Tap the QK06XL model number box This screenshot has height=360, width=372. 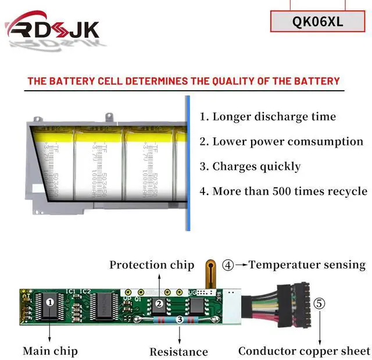click(318, 22)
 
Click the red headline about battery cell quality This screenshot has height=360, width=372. click(183, 81)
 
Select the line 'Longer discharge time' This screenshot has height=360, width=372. click(268, 116)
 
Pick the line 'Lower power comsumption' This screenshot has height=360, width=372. click(282, 141)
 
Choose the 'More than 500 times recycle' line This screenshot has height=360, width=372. click(284, 191)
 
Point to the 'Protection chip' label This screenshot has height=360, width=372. click(152, 265)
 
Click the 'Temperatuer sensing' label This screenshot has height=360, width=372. click(307, 265)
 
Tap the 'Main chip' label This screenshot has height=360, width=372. click(50, 351)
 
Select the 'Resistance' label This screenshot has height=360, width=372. click(178, 351)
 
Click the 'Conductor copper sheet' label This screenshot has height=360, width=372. click(304, 351)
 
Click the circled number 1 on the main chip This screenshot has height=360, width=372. click(50, 302)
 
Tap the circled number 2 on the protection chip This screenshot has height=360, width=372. click(158, 303)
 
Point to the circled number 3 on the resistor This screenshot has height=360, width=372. click(179, 319)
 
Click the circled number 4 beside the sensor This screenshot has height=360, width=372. click(228, 265)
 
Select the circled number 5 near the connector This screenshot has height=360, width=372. click(320, 304)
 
